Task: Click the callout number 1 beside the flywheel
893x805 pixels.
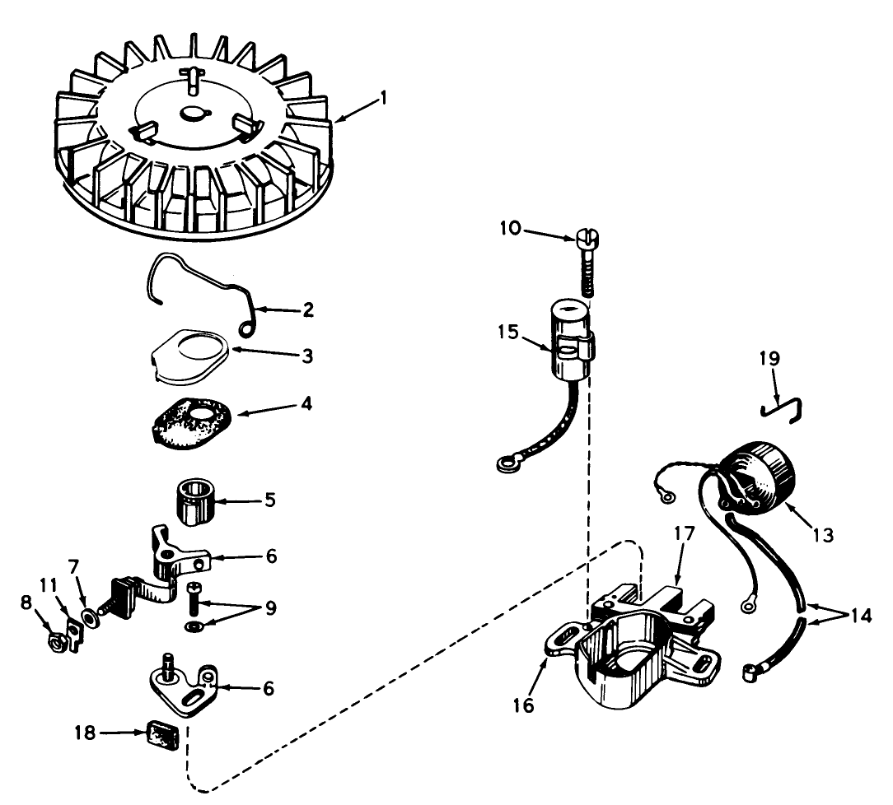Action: point(383,99)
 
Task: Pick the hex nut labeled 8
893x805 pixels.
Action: point(58,644)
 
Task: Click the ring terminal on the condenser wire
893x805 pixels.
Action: point(505,466)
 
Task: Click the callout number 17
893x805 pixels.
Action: point(685,535)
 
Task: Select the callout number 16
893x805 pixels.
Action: point(524,705)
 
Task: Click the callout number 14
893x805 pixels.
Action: point(862,617)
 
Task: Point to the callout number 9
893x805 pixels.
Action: point(271,607)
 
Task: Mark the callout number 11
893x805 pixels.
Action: point(49,585)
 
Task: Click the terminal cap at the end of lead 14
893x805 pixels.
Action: point(750,673)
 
